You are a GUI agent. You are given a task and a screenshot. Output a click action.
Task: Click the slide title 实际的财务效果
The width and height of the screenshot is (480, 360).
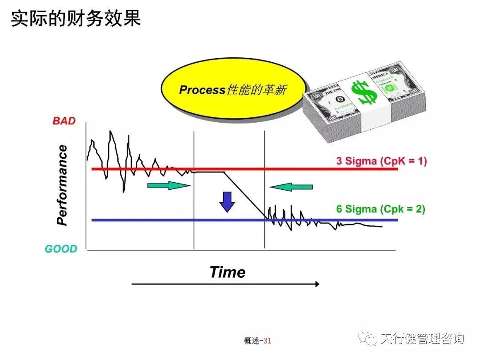pos(76,19)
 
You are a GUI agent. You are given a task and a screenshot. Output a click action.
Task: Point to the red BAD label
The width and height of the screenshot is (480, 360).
pos(64,121)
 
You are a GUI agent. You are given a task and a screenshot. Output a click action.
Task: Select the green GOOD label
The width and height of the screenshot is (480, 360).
pos(61,249)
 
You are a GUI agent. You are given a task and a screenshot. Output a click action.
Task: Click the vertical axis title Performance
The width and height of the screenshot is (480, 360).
pos(63,185)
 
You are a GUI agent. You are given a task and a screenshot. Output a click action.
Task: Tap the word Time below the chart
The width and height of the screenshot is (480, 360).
pos(227,272)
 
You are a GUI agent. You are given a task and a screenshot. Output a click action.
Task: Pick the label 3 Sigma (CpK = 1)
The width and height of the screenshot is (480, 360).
pos(381,161)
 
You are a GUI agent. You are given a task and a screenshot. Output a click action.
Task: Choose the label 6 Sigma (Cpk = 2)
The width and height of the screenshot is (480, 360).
pos(380,209)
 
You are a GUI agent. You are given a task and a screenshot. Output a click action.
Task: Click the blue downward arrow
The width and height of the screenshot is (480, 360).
pos(227,202)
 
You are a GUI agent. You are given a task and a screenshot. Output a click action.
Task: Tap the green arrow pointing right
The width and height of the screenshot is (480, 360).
pos(168,186)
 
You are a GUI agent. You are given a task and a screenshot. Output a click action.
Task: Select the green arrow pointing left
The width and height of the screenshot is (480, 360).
pos(292,187)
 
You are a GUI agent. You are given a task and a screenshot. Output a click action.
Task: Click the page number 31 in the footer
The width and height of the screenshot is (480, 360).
pos(267,341)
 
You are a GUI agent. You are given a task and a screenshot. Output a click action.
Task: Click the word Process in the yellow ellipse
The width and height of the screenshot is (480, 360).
pos(202,90)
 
